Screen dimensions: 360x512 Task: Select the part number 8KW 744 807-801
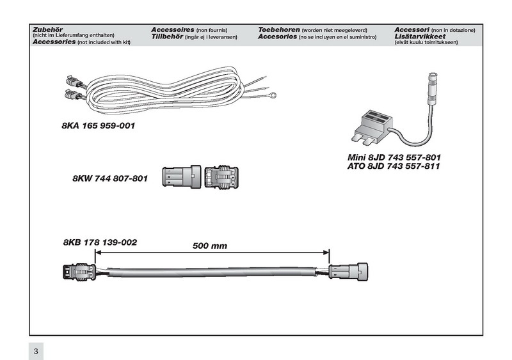[x=110, y=180]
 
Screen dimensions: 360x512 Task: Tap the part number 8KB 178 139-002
[x=100, y=243]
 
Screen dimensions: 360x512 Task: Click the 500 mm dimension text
[x=210, y=246]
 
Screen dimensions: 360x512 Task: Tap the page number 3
[x=36, y=350]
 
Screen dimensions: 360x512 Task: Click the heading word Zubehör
[x=45, y=30]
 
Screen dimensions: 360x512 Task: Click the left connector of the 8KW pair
[x=180, y=176]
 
